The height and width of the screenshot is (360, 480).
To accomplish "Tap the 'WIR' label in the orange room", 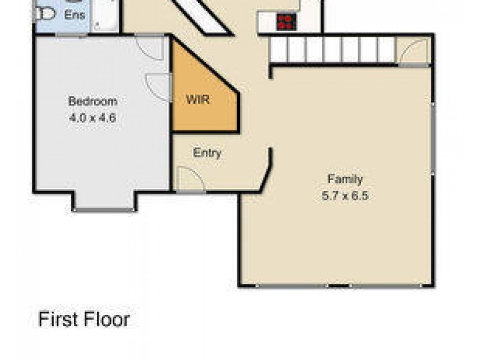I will [x=197, y=100].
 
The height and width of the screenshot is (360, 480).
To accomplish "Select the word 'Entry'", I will [x=207, y=153].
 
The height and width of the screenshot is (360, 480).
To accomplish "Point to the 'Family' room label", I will [x=344, y=178].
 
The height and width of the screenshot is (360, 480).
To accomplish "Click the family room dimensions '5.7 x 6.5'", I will [x=344, y=195].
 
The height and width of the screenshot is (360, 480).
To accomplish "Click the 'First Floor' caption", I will [x=84, y=319].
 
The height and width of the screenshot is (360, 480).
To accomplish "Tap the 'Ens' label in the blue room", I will [x=74, y=14].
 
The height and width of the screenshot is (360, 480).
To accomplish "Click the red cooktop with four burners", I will [x=286, y=22].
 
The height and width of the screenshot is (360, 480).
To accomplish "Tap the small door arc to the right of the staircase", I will [x=414, y=52].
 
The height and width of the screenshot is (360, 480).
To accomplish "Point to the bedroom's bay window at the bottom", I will [x=104, y=209].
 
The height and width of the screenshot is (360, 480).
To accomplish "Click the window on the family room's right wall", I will [x=432, y=138].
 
